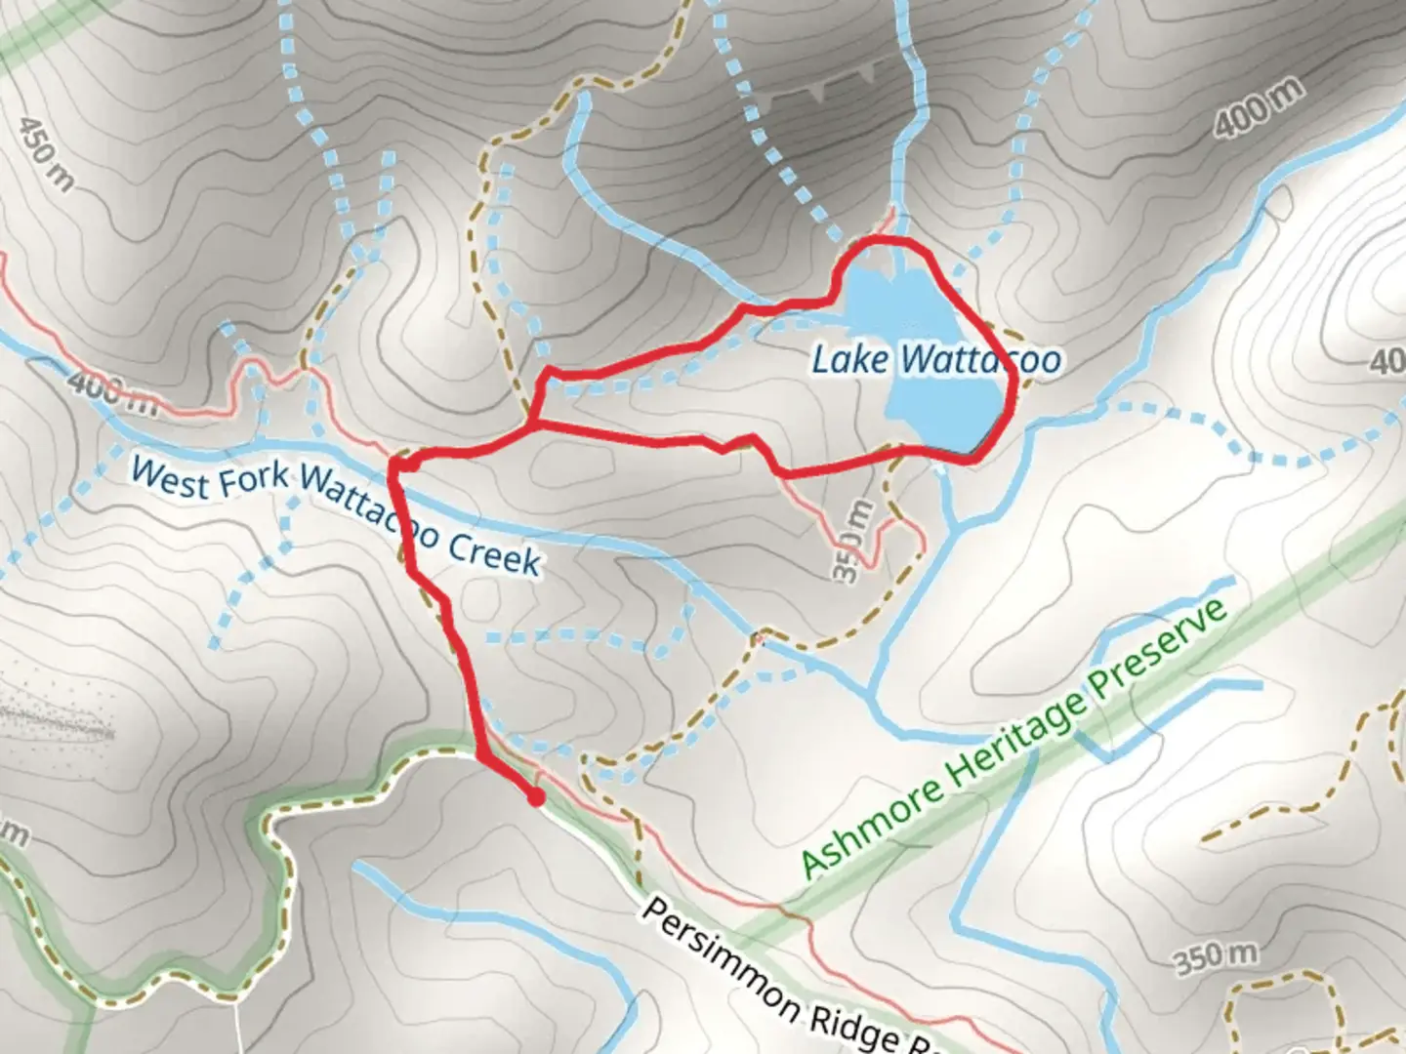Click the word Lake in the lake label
(x=849, y=360)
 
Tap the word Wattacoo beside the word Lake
(x=980, y=360)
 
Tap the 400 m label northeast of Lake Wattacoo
(x=1261, y=107)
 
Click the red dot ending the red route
(x=535, y=798)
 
